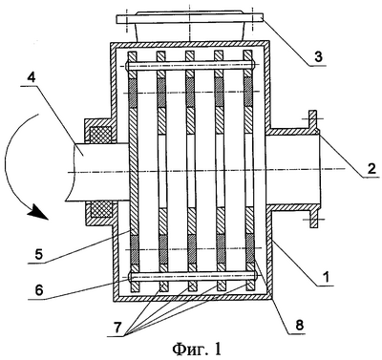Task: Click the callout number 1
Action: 325,277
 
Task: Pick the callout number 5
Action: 38,255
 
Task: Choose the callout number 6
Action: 38,290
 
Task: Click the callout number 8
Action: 298,325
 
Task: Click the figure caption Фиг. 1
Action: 197,349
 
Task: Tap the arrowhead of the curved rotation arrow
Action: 37,212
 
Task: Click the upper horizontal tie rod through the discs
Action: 191,65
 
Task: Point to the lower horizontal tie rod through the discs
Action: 193,276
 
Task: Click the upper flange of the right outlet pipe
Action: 313,120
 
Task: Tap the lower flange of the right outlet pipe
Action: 314,218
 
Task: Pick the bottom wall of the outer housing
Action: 192,298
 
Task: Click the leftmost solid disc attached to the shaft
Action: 133,172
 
